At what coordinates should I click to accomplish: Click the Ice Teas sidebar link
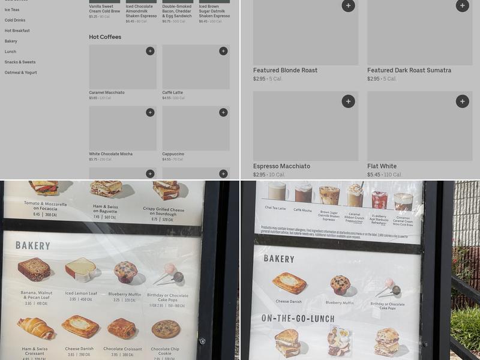tap(12, 10)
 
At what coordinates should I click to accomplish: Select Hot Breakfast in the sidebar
tap(17, 31)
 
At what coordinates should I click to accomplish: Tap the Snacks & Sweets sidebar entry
tap(20, 62)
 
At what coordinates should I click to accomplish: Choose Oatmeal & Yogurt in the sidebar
tap(21, 73)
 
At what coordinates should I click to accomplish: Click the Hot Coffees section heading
tap(105, 37)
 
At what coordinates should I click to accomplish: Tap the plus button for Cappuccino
tap(223, 112)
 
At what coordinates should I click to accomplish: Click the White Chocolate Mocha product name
tap(111, 154)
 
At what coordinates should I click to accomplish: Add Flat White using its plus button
tap(462, 101)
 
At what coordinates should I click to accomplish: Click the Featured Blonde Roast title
tap(285, 70)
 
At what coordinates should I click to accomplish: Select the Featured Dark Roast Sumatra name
tap(409, 70)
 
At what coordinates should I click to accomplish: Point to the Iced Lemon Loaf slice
tap(80, 269)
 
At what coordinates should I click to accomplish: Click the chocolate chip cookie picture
tap(166, 329)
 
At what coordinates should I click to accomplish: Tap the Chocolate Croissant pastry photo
tap(122, 328)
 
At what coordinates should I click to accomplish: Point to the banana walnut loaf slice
tap(34, 269)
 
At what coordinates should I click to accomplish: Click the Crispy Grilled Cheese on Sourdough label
tap(164, 212)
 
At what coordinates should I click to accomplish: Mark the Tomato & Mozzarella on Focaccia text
tap(45, 206)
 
